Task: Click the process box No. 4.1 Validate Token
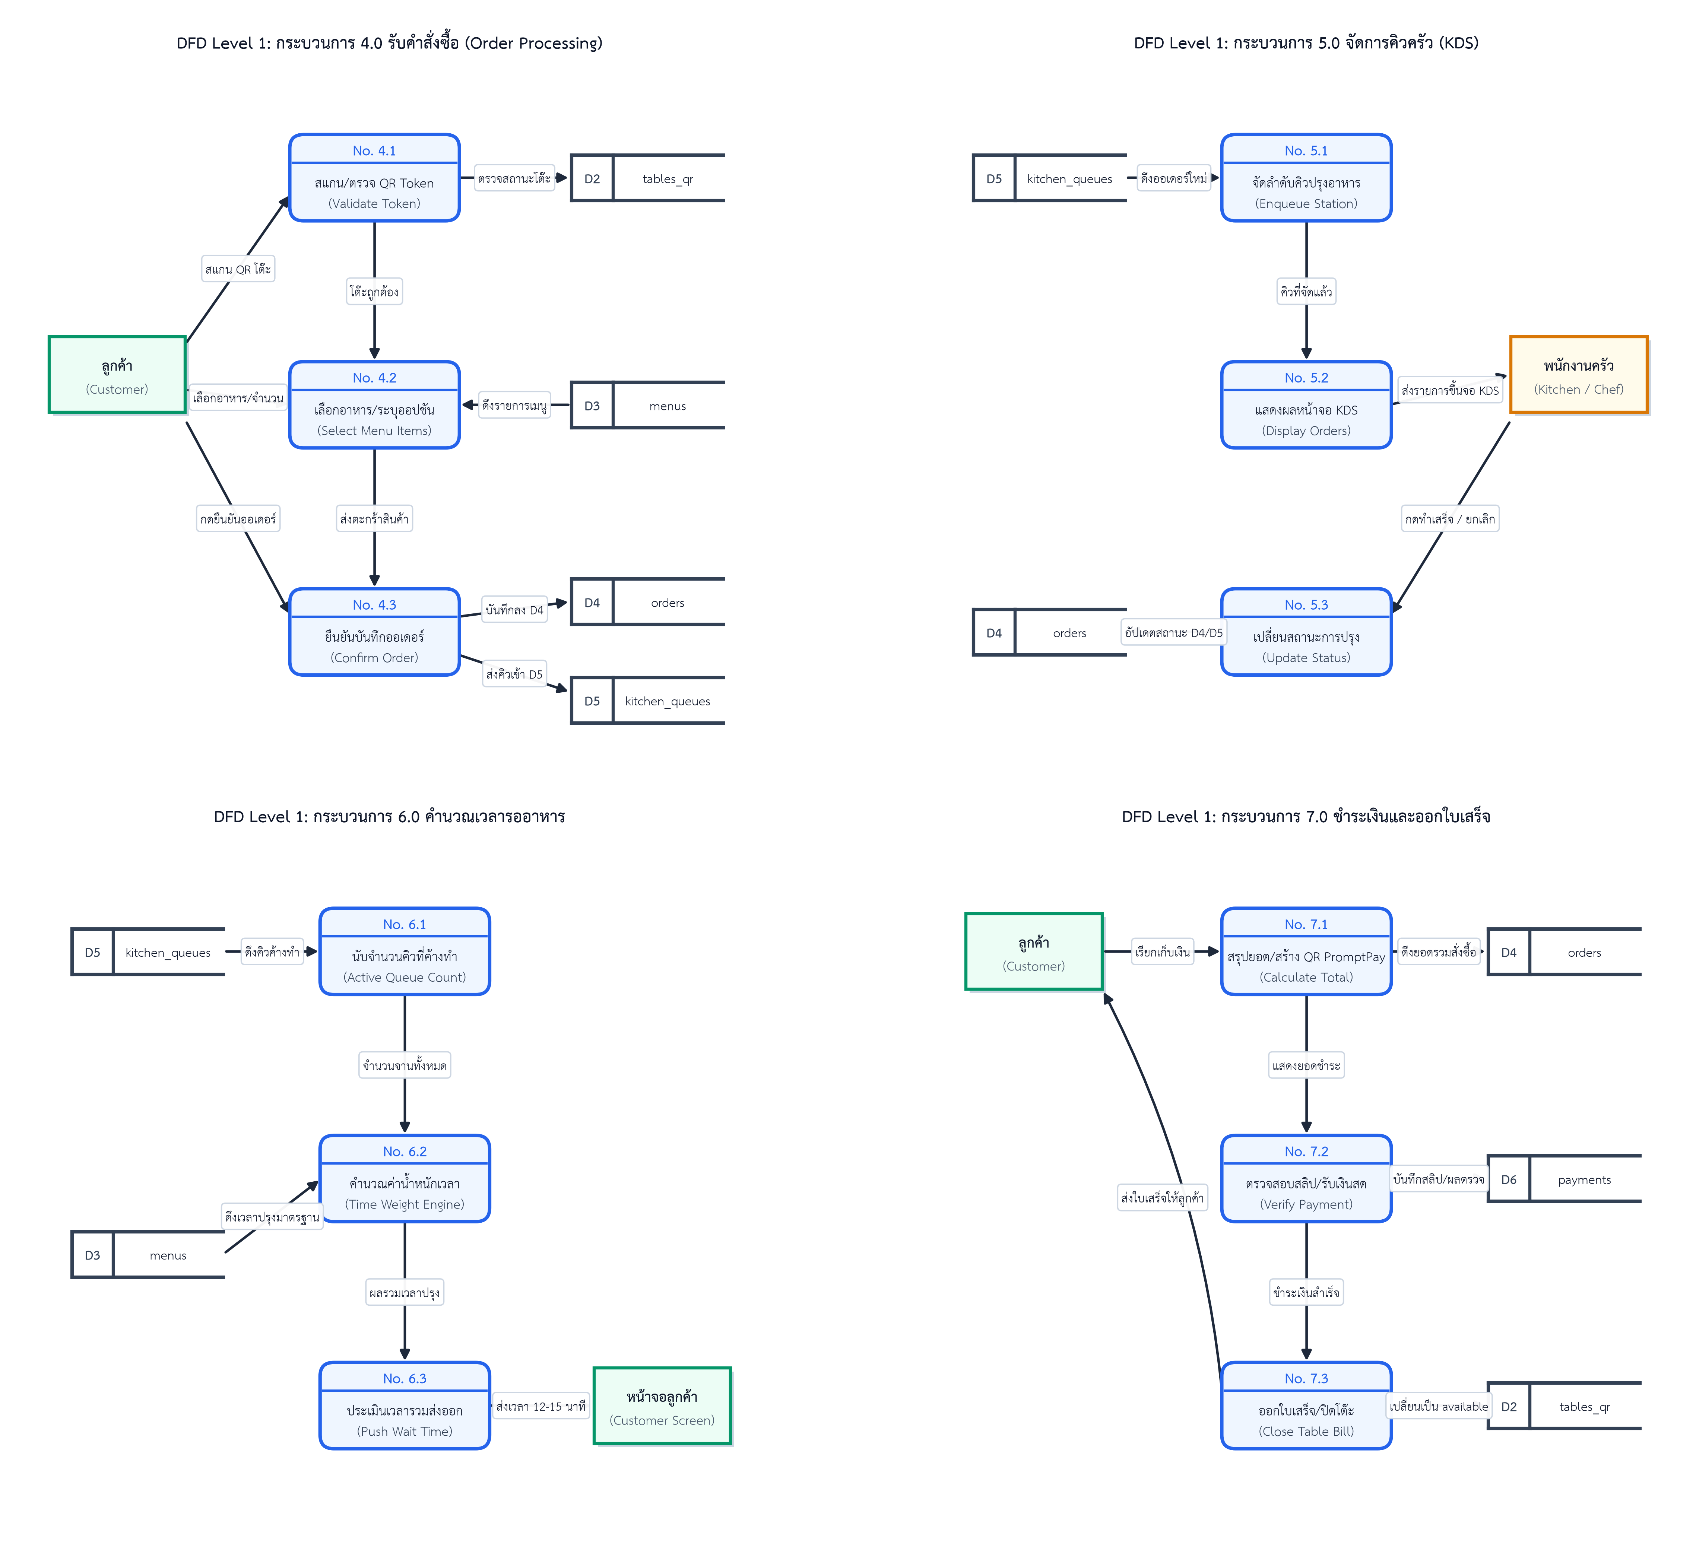click(374, 178)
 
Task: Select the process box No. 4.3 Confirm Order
click(374, 632)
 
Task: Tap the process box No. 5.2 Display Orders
click(1306, 405)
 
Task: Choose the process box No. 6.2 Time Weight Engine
click(405, 1179)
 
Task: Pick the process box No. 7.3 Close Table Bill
click(1306, 1406)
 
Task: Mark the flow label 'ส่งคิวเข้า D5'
click(514, 674)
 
